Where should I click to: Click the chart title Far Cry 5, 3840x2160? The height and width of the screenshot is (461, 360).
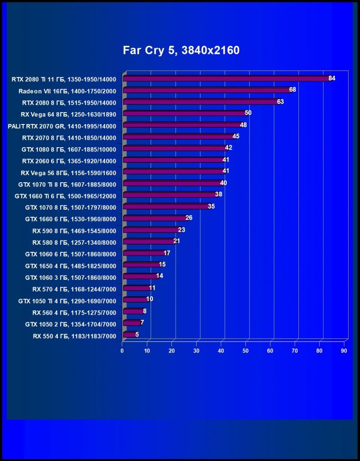[181, 50]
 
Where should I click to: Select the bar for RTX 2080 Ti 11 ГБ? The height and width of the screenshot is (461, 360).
[227, 79]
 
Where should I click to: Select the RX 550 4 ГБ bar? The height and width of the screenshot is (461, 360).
[129, 335]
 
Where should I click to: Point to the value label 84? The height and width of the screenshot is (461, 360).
[332, 78]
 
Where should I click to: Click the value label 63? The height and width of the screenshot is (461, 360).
[280, 102]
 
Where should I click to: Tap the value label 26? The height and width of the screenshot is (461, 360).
[189, 218]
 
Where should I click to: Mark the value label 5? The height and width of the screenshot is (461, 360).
[137, 335]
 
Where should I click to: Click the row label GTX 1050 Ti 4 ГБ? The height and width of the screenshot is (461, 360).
[67, 301]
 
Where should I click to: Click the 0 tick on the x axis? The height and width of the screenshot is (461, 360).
[122, 351]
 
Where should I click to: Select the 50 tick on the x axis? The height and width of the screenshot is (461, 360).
[245, 351]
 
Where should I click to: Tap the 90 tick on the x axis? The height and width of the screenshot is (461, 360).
[344, 351]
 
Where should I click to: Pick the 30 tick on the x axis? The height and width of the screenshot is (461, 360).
[196, 351]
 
